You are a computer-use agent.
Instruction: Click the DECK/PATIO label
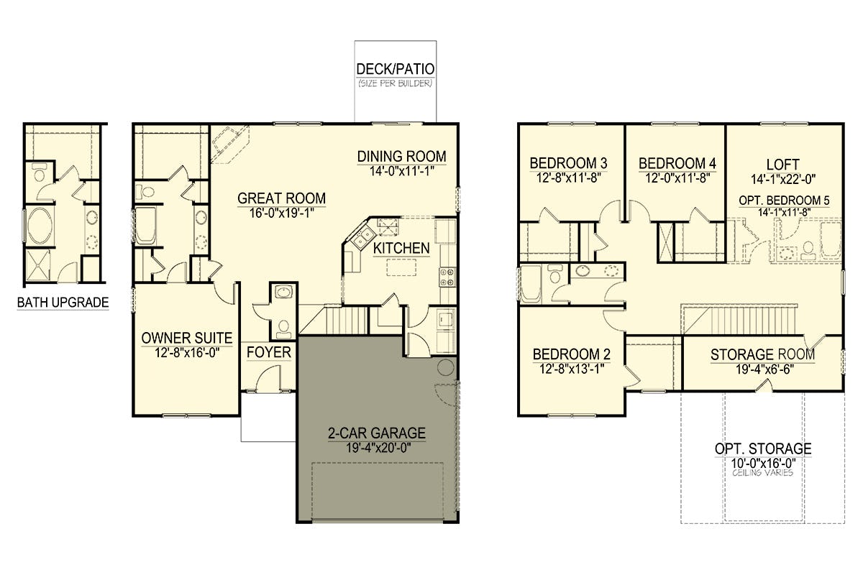[x=396, y=69]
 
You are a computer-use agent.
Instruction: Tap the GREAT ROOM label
[x=282, y=198]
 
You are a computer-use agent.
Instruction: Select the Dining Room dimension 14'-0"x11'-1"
[x=402, y=171]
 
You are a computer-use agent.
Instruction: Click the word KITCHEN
[x=401, y=249]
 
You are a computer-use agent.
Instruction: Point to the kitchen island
[x=401, y=267]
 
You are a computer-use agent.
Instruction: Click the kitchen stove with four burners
[x=447, y=277]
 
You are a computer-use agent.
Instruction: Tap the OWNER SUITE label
[x=187, y=338]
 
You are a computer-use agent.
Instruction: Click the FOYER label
[x=269, y=352]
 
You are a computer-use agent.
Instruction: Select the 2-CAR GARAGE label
[x=377, y=433]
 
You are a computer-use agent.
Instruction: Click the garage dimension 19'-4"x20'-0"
[x=378, y=448]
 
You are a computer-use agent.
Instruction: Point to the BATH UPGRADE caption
[x=63, y=303]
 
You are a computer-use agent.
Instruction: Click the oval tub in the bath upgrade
[x=40, y=226]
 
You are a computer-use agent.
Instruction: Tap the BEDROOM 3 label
[x=568, y=163]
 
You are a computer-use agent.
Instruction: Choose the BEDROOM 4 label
[x=677, y=163]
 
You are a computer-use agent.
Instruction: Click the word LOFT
[x=783, y=165]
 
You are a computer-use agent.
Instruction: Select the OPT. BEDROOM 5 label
[x=784, y=201]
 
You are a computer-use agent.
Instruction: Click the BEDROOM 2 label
[x=572, y=354]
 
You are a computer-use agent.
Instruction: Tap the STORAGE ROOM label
[x=763, y=355]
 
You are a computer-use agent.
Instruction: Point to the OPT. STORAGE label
[x=763, y=449]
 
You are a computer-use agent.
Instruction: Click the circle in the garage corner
[x=446, y=367]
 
